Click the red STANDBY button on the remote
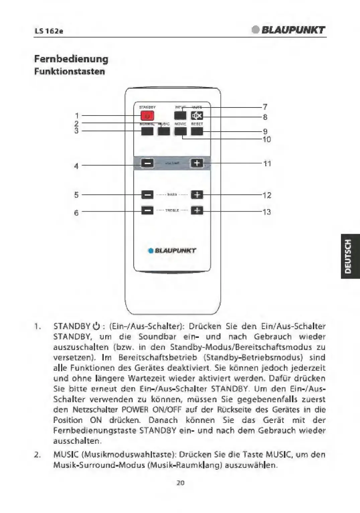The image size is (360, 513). point(147,116)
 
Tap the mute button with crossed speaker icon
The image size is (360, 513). point(197,116)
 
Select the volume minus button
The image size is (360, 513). point(147,163)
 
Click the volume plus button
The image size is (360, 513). point(197,163)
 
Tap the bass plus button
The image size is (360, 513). point(197,195)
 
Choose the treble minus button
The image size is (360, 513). point(147,210)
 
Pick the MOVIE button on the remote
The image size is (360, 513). point(180,131)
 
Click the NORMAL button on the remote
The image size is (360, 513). point(147,131)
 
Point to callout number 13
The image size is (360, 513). point(267,212)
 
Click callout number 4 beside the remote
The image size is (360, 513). point(76,166)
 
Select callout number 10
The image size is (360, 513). point(267,139)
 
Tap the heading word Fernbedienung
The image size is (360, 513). point(71,59)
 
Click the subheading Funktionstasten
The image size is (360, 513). point(70,71)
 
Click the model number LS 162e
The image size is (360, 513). point(49,31)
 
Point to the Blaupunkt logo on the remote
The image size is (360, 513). point(172,250)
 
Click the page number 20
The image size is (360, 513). point(180,483)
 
